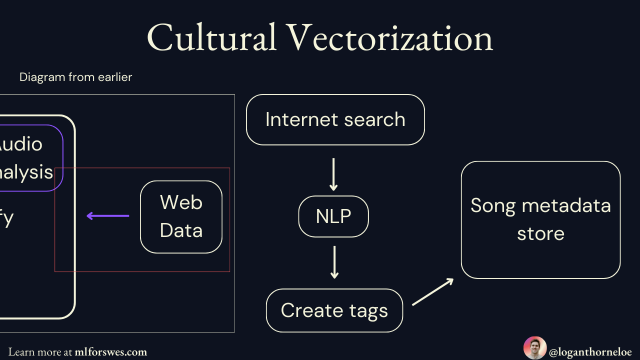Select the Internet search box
335,119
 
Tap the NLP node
333,216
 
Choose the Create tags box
334,310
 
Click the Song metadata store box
540,219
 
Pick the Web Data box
181,216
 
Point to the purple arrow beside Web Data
108,216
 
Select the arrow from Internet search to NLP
333,174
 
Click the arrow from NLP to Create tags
334,262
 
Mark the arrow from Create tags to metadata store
432,292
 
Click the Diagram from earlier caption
75,77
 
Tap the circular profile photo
534,348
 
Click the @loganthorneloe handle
590,352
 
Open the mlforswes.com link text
110,352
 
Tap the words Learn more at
40,352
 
